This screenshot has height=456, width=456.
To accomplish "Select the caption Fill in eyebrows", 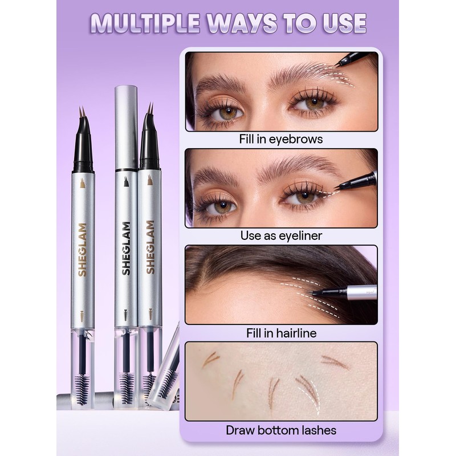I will coord(281,139).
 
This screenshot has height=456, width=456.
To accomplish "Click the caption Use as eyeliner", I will coord(281,235).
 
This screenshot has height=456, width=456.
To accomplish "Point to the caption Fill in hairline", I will coord(281,332).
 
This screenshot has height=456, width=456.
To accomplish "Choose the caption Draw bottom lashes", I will coord(281,430).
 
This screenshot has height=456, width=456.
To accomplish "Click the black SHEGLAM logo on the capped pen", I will coord(126,248).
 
